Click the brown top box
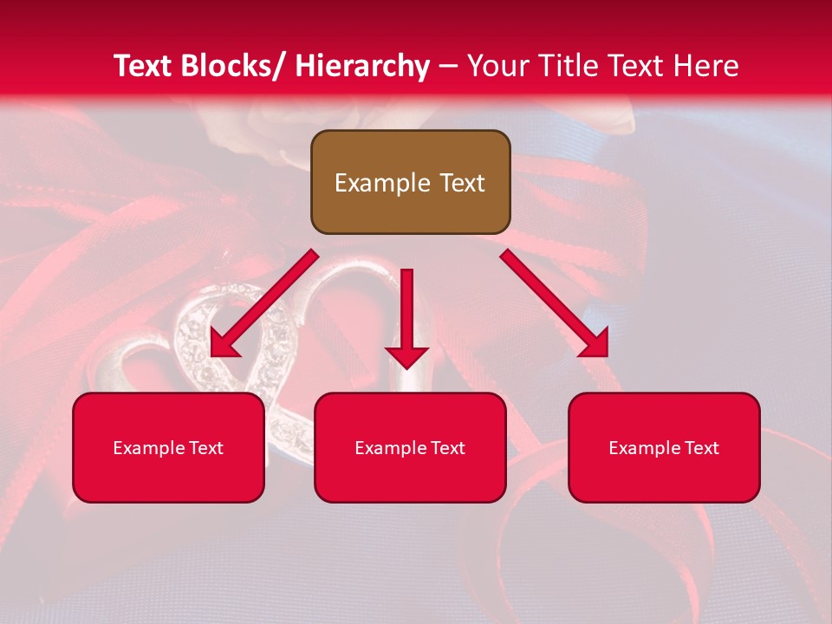tap(410, 182)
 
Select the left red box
tap(168, 447)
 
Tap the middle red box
tap(410, 447)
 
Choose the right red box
tap(664, 447)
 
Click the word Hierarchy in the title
tap(363, 66)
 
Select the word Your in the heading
tap(497, 66)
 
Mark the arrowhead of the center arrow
tap(406, 356)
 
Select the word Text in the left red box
tap(205, 448)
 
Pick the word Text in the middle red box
tap(447, 448)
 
